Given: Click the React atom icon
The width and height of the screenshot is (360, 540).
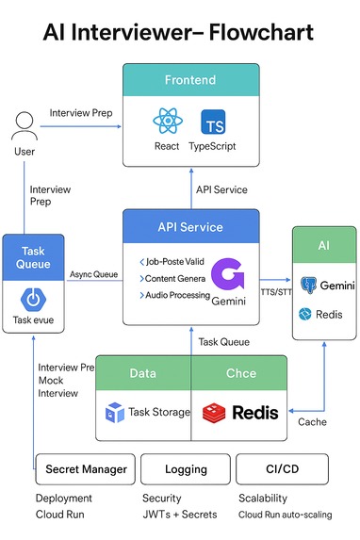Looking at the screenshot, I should pyautogui.click(x=167, y=122).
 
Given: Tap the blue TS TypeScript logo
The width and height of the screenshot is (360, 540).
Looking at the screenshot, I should pyautogui.click(x=214, y=122).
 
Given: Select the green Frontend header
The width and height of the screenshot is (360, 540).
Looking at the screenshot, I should pyautogui.click(x=190, y=79).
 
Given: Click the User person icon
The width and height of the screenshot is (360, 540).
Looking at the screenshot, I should pyautogui.click(x=25, y=125).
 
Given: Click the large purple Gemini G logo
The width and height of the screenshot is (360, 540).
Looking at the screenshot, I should pyautogui.click(x=228, y=274).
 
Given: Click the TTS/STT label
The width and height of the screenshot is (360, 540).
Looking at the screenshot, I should pyautogui.click(x=277, y=291).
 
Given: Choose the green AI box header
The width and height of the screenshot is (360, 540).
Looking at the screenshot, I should pyautogui.click(x=323, y=245).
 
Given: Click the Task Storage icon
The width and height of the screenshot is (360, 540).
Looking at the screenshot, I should pyautogui.click(x=115, y=412).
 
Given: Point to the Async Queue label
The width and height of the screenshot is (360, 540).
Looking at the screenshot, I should pyautogui.click(x=93, y=274).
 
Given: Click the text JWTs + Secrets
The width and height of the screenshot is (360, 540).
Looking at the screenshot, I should pyautogui.click(x=179, y=515).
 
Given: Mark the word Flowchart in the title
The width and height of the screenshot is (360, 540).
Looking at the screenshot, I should pyautogui.click(x=246, y=33).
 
